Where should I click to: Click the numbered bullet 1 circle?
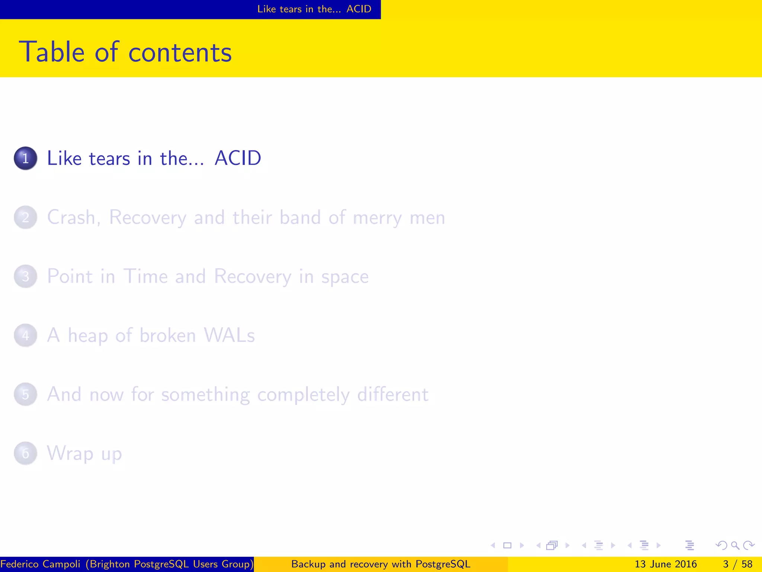pyautogui.click(x=25, y=158)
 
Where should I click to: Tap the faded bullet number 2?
pyautogui.click(x=25, y=217)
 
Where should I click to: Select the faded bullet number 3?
pyautogui.click(x=25, y=276)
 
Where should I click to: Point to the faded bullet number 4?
pyautogui.click(x=25, y=335)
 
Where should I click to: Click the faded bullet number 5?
pyautogui.click(x=25, y=394)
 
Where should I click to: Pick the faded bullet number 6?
pyautogui.click(x=25, y=453)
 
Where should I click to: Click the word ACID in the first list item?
pyautogui.click(x=238, y=158)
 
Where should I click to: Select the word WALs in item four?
pyautogui.click(x=229, y=335)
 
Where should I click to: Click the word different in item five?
pyautogui.click(x=393, y=394)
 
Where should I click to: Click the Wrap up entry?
pyautogui.click(x=84, y=454)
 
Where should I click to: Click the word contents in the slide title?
pyautogui.click(x=180, y=52)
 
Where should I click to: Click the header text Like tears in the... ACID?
pyautogui.click(x=314, y=9)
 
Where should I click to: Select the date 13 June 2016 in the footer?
pyautogui.click(x=665, y=564)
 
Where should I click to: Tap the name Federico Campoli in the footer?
pyautogui.click(x=40, y=564)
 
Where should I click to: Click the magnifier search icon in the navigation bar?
pyautogui.click(x=735, y=546)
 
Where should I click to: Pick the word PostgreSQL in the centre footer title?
pyautogui.click(x=443, y=564)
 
